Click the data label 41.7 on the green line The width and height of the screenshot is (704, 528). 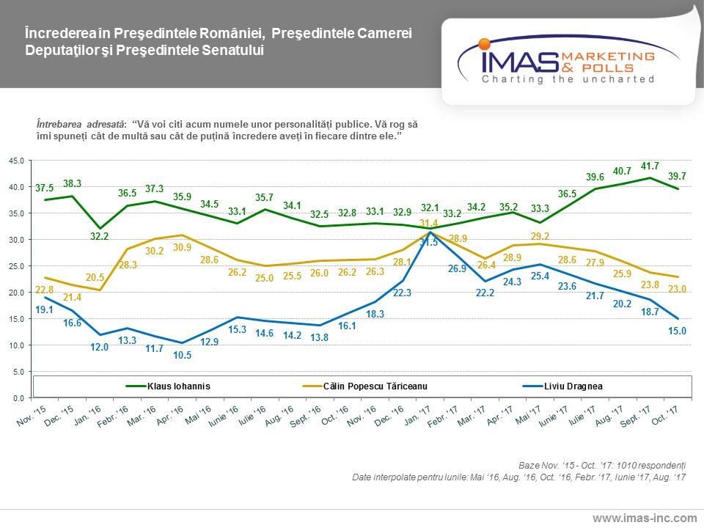point(649,166)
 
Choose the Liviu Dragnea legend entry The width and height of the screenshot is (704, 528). point(573,384)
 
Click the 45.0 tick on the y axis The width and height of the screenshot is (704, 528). point(16,161)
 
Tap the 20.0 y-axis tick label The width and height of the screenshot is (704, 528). point(16,293)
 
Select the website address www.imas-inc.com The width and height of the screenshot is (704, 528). point(645,518)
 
